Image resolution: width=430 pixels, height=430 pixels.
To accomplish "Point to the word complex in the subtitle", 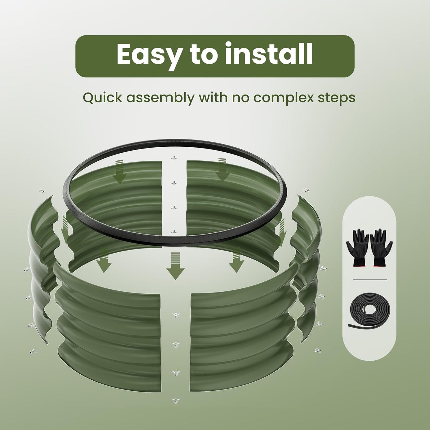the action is tap(284, 98).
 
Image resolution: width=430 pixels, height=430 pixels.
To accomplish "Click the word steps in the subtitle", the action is tap(336, 98).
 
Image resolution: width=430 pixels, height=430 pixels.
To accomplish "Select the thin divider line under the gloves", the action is tap(370, 279).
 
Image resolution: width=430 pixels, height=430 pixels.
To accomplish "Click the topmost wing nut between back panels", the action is tap(173, 158).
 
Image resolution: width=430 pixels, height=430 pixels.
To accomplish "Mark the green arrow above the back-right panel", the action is tap(222, 169).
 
